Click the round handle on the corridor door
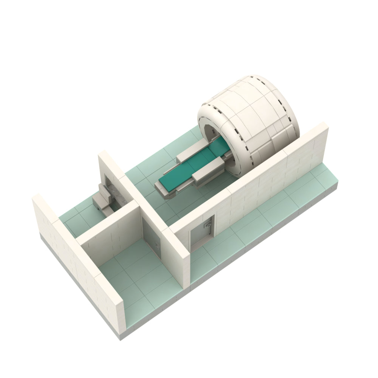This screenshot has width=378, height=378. pyautogui.click(x=207, y=225)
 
